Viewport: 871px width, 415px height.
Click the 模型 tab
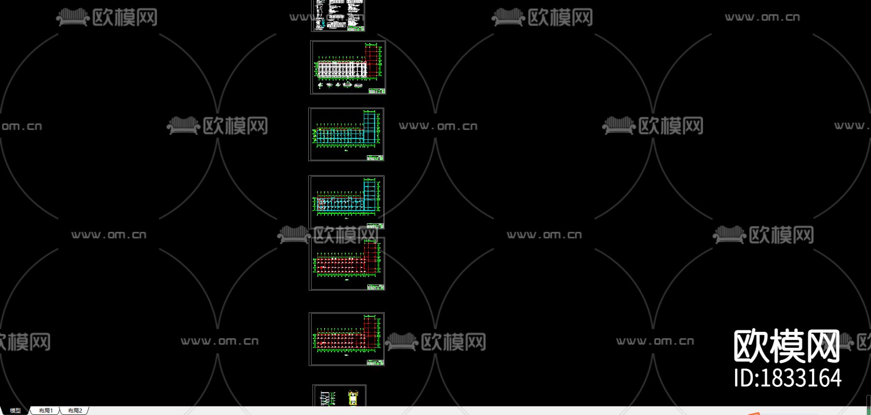click(15, 411)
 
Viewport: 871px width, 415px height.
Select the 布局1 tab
click(45, 411)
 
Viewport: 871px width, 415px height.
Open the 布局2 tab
click(75, 411)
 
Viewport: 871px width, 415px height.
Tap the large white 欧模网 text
click(786, 346)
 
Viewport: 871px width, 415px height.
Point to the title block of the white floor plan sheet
click(376, 91)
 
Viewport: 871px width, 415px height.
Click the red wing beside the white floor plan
click(371, 60)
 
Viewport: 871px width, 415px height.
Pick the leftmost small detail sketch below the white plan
click(320, 86)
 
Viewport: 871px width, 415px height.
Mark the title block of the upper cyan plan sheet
click(375, 158)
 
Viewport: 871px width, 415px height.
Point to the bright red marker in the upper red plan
click(321, 267)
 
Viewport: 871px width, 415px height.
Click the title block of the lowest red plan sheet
click(375, 362)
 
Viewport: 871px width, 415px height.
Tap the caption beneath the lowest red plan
click(346, 355)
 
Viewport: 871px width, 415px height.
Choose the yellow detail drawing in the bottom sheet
click(353, 398)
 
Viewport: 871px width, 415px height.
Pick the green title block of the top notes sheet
click(356, 29)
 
